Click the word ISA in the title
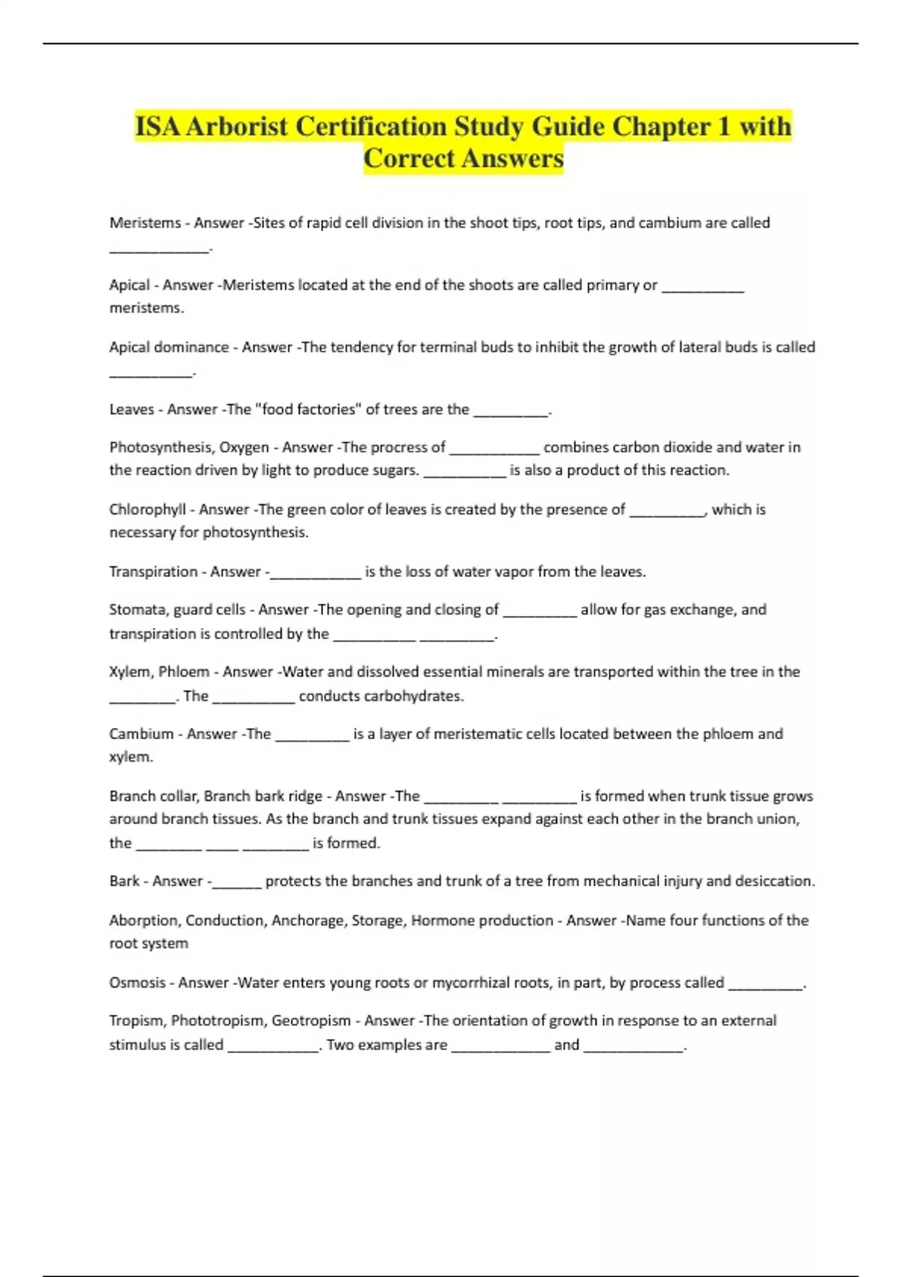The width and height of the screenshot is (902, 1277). click(x=158, y=126)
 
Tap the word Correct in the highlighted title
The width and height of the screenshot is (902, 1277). click(x=410, y=158)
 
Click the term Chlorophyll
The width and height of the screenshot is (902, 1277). click(x=147, y=509)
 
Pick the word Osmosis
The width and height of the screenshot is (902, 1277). click(x=137, y=983)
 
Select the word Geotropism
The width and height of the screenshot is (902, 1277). click(x=311, y=1020)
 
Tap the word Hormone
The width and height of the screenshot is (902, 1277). click(x=443, y=920)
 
